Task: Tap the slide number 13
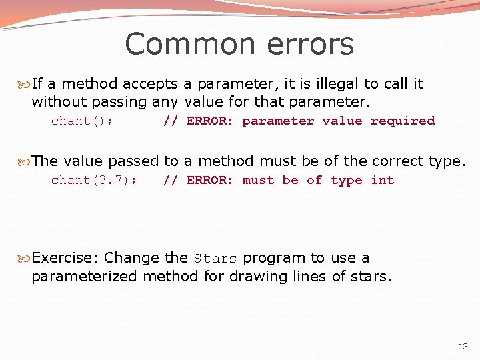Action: tap(463, 346)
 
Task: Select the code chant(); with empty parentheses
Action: tap(82, 121)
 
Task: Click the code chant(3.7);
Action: tap(94, 181)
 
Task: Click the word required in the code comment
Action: tap(403, 121)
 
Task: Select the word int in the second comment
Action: tap(383, 181)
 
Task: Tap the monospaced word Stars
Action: tap(215, 259)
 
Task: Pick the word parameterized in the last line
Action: tap(85, 276)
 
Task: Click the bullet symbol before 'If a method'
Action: tap(25, 85)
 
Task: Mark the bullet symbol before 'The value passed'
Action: tap(25, 161)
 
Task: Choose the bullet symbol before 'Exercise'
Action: tap(25, 258)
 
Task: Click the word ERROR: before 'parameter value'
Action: tap(210, 121)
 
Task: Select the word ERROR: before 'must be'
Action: tap(210, 181)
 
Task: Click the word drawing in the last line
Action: tap(252, 276)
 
